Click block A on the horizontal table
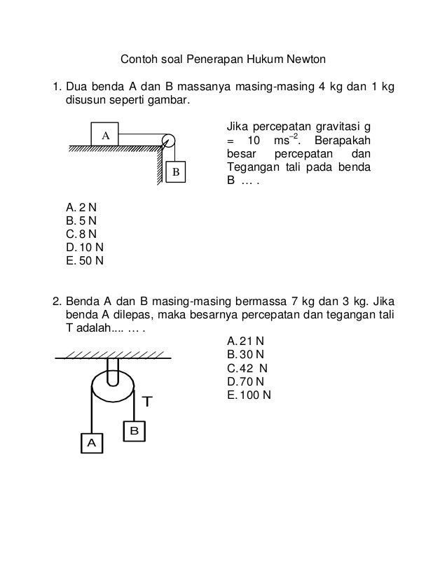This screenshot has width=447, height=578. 105,134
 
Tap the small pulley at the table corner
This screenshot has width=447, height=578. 168,140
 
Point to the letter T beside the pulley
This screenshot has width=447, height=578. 147,402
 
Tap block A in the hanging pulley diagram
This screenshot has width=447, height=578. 90,442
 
